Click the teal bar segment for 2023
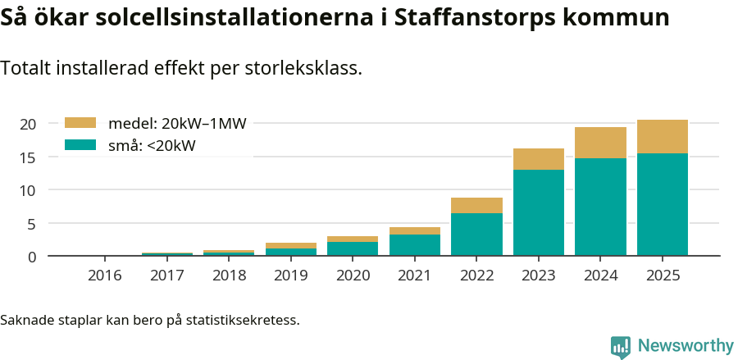(x=539, y=212)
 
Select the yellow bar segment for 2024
(x=600, y=143)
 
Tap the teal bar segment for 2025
(x=663, y=204)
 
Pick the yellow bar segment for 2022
(x=476, y=205)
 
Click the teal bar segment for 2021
(x=415, y=245)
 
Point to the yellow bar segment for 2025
(x=663, y=136)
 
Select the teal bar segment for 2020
(x=353, y=248)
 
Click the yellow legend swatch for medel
(x=80, y=123)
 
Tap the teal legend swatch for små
(x=80, y=145)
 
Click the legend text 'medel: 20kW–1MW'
(x=177, y=124)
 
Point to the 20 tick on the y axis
(x=28, y=124)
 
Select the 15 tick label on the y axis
(x=28, y=157)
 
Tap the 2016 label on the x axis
(x=105, y=276)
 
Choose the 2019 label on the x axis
(x=291, y=276)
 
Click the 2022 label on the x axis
(x=476, y=276)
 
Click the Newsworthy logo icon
(x=621, y=346)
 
